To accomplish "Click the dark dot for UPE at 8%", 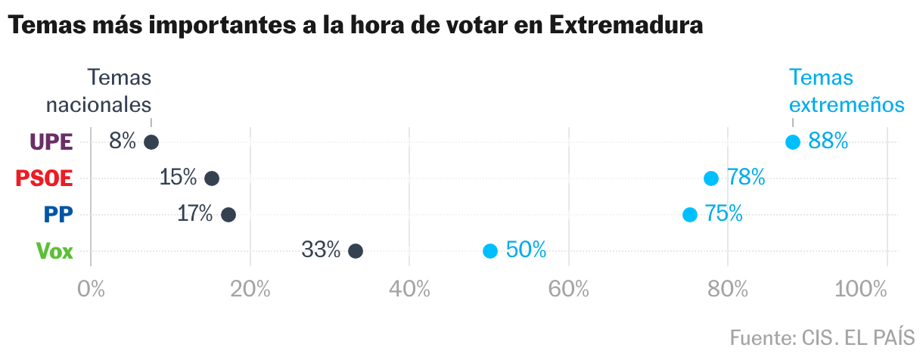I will [151, 142].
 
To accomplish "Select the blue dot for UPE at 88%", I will [793, 142].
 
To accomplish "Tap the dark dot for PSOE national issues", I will [212, 178].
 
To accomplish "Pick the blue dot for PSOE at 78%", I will [711, 178].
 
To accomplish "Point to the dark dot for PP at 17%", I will [228, 215].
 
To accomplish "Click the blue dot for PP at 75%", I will [690, 215].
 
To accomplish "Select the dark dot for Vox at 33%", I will [356, 251].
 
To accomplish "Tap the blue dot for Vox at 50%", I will [490, 251].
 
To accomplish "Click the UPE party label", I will [51, 142].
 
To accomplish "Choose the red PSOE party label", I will [45, 178].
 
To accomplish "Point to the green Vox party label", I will [54, 251].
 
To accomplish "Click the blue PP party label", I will [58, 215].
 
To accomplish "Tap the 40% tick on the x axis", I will [409, 290].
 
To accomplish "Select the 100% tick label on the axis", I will [862, 290].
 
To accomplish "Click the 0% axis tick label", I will [91, 290].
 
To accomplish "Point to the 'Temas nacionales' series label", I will [99, 91].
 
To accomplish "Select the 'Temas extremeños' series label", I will [847, 91].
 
